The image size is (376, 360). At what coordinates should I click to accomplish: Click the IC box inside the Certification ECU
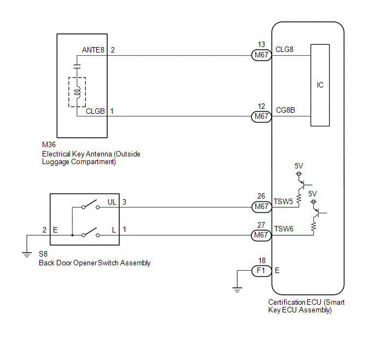tap(320, 85)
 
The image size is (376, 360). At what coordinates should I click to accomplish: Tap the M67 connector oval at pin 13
tap(261, 55)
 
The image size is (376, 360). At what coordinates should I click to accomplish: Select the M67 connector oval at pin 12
tap(261, 117)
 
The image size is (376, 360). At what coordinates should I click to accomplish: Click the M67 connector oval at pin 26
tap(262, 207)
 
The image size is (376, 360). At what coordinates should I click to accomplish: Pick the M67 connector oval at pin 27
tap(261, 235)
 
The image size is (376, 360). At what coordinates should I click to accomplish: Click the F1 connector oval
tap(261, 271)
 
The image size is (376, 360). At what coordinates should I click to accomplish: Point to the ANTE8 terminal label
tap(93, 50)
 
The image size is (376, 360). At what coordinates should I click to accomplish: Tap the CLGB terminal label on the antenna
tap(95, 112)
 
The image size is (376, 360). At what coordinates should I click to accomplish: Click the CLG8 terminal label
tap(284, 49)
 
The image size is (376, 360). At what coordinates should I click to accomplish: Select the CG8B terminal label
tap(285, 110)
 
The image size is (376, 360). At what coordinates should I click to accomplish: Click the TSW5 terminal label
tap(283, 201)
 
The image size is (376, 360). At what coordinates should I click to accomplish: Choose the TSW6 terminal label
tap(284, 229)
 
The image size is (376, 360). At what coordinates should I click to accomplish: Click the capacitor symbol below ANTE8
tap(77, 67)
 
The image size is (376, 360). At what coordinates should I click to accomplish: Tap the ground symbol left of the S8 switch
tap(27, 254)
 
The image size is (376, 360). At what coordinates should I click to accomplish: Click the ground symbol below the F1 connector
tap(237, 290)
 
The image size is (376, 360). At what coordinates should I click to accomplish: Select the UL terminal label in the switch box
tap(112, 202)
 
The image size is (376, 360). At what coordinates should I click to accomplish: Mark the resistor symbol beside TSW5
tap(299, 199)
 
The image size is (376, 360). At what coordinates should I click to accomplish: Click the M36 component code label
tap(49, 145)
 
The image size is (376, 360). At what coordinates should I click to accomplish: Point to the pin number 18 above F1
tap(262, 260)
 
